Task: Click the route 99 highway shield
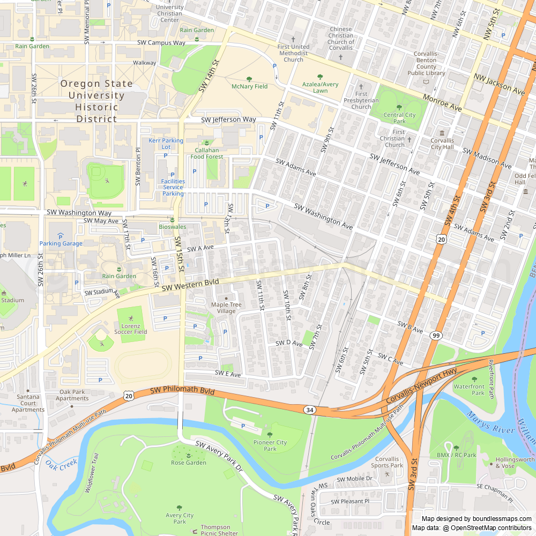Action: [x=436, y=336]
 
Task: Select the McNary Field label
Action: [x=249, y=86]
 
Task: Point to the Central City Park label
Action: [x=399, y=117]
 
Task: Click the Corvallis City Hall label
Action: [x=442, y=144]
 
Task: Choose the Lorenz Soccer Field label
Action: [x=130, y=329]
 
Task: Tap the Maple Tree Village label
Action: [x=226, y=308]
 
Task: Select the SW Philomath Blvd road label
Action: [x=182, y=392]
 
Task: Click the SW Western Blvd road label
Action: [x=190, y=285]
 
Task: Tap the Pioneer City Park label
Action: [x=270, y=445]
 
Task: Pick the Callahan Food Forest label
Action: [x=206, y=154]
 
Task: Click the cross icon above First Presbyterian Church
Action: [x=361, y=86]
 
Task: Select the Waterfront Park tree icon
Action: [x=474, y=379]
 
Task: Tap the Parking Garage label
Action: [x=61, y=243]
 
